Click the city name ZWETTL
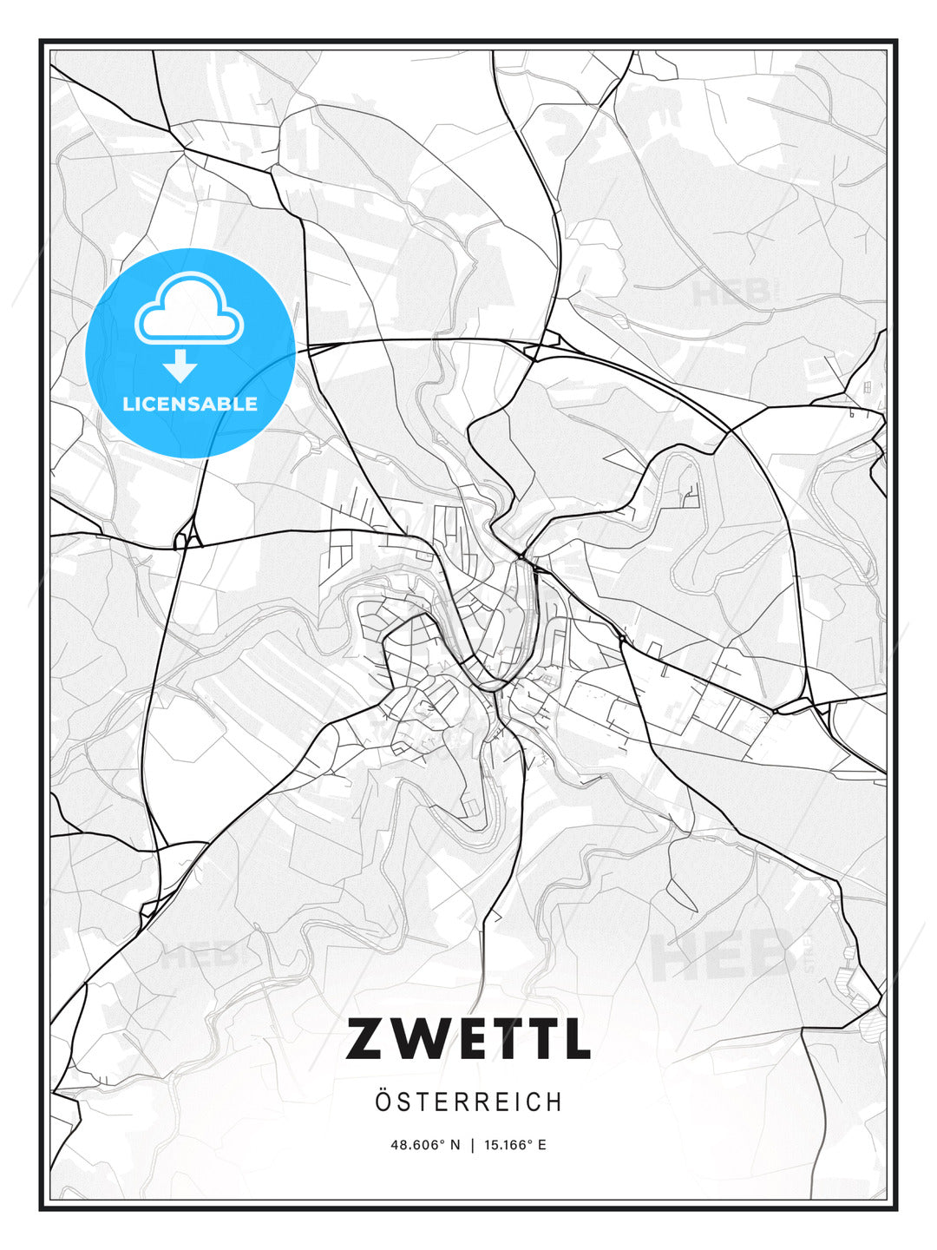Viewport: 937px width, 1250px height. [x=468, y=1039]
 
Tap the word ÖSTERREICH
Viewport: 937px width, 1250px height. [x=468, y=1102]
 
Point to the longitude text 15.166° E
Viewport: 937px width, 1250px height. [x=514, y=1145]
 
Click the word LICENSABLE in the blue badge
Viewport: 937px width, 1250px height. [x=190, y=404]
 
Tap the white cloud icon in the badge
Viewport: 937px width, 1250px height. [x=189, y=309]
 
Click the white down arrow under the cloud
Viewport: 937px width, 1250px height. [x=180, y=366]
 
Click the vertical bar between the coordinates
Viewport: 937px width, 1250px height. [x=472, y=1145]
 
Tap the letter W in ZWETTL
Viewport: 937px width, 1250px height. [x=419, y=1039]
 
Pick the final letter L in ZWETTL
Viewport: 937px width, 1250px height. [x=573, y=1039]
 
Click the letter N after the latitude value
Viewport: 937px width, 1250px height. [x=456, y=1145]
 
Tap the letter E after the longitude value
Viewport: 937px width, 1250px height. [x=542, y=1145]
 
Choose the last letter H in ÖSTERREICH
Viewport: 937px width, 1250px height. [x=554, y=1102]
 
